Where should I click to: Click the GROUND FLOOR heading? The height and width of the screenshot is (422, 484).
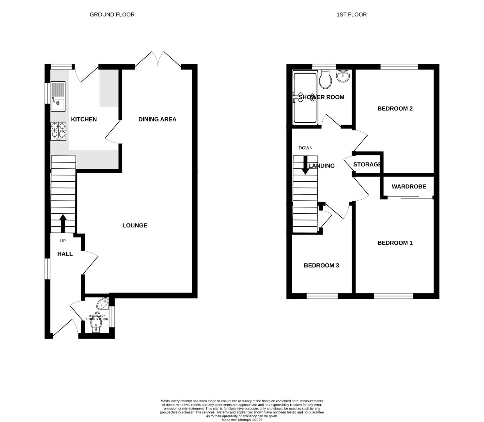(x=112, y=14)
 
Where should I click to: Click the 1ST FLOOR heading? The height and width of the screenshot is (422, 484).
(x=351, y=14)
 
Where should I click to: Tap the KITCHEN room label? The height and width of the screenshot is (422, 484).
(x=84, y=119)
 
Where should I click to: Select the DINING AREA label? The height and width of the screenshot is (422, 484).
(x=157, y=119)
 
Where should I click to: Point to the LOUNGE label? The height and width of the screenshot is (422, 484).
(x=135, y=225)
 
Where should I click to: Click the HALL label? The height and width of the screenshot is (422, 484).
(x=65, y=254)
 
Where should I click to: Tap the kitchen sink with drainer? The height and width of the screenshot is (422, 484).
(x=58, y=96)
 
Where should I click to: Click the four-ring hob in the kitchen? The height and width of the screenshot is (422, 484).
(x=58, y=131)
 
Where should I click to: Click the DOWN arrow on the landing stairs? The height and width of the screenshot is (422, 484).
(x=305, y=165)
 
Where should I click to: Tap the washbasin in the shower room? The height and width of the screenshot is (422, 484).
(x=343, y=76)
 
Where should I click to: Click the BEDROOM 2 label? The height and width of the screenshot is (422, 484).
(x=395, y=109)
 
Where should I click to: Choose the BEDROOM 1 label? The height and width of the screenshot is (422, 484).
(x=395, y=243)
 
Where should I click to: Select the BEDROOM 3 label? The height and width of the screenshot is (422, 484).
(x=321, y=266)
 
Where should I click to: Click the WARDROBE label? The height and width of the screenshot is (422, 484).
(x=409, y=187)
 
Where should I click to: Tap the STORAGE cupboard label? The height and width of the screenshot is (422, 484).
(x=367, y=165)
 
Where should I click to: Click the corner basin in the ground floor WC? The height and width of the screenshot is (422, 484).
(x=104, y=303)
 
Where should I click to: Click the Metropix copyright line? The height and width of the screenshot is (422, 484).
(x=242, y=420)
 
